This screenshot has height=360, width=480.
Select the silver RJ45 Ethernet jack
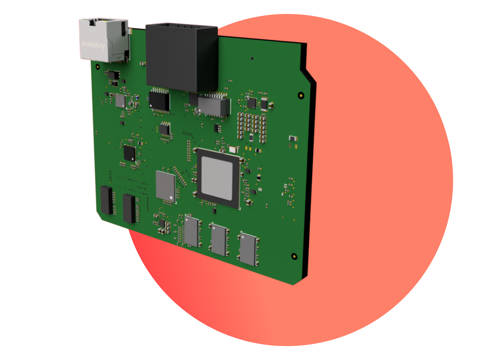(x=103, y=40)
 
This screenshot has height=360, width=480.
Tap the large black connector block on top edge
(x=181, y=56)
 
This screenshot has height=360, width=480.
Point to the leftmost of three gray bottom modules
(x=193, y=231)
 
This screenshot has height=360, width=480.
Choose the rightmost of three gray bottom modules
(x=248, y=248)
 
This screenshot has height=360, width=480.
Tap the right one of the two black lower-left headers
(x=129, y=208)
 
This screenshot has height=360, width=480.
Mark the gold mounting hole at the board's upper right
(x=301, y=95)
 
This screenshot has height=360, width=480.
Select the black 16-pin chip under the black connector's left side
(x=159, y=101)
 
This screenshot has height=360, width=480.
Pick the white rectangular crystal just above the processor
(x=232, y=150)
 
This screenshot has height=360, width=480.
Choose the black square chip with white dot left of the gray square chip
(x=129, y=153)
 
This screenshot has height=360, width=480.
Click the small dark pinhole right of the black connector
(x=252, y=58)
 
